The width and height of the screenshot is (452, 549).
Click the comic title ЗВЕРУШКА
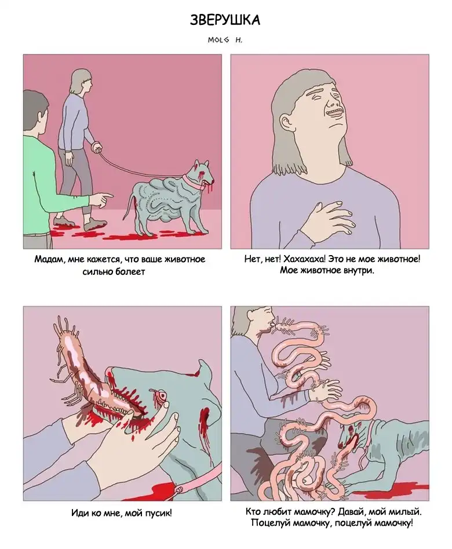[225, 20]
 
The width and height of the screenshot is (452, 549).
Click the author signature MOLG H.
[225, 40]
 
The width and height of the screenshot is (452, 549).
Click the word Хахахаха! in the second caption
[304, 259]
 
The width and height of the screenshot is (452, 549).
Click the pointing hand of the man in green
[101, 200]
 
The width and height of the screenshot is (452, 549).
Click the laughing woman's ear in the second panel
[287, 121]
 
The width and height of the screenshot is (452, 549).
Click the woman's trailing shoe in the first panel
[63, 221]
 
